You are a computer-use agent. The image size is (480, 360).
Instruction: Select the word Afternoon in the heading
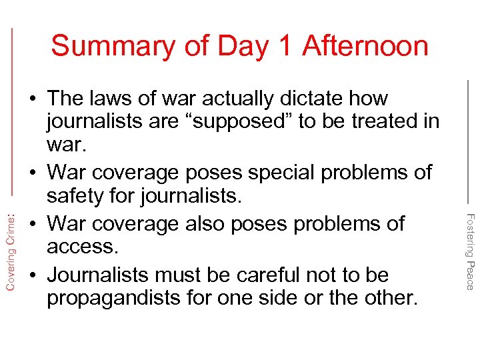coord(365,47)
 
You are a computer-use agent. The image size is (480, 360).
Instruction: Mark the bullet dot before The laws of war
coord(32,99)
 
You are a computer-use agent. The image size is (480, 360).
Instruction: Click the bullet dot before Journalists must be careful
coord(32,275)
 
